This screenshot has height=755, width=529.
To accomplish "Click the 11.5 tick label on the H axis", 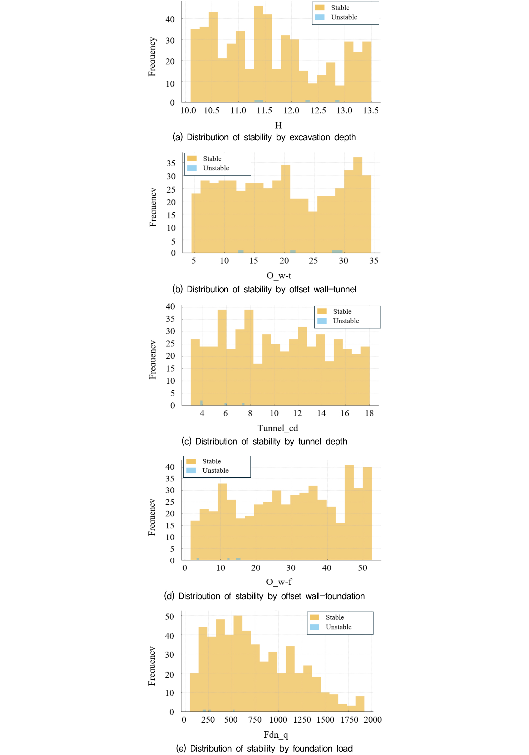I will [x=264, y=111].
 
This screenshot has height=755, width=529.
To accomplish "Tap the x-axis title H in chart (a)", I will [x=278, y=125].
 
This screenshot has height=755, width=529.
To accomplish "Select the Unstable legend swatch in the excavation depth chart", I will [x=320, y=17].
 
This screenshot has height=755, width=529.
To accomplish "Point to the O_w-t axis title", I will [x=279, y=276].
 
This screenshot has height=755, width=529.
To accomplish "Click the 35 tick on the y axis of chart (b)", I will [x=171, y=163].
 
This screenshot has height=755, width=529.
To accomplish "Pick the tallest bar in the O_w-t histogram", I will [x=357, y=204].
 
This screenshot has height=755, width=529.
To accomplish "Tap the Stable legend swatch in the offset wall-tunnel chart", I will [x=192, y=158].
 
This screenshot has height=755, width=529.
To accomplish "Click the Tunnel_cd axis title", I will [x=277, y=428].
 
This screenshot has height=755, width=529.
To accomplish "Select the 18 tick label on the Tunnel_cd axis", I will [x=369, y=413].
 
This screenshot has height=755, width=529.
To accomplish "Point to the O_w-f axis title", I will [x=279, y=582].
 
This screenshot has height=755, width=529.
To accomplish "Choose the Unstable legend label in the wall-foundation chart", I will [x=215, y=471].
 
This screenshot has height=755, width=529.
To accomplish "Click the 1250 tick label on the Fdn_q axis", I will [x=302, y=720].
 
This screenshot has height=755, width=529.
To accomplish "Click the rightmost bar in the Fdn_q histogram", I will [x=360, y=704].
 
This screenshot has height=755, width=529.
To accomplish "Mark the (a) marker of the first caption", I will [x=177, y=137].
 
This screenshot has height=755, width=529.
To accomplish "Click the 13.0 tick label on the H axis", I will [x=344, y=111].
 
